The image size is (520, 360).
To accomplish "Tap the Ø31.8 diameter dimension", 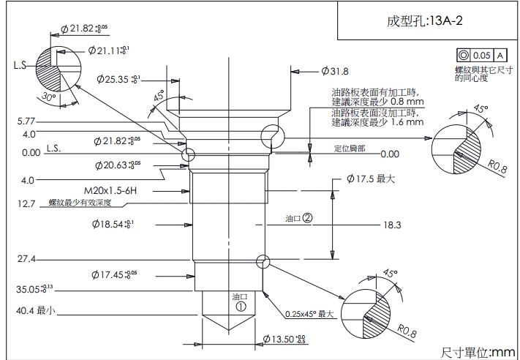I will click(x=334, y=71).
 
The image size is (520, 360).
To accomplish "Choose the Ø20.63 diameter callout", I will click(x=117, y=165).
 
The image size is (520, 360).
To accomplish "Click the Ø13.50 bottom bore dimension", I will click(x=284, y=339).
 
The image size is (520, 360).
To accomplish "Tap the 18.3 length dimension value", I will click(x=392, y=225).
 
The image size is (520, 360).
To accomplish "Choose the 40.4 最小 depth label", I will click(x=36, y=310).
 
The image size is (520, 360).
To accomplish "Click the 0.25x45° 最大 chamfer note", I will click(x=309, y=314).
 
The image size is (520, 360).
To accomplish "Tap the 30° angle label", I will click(x=49, y=97).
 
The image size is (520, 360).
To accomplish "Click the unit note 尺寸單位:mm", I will click(x=478, y=352).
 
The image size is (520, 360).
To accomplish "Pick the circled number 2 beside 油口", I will click(x=308, y=217).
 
